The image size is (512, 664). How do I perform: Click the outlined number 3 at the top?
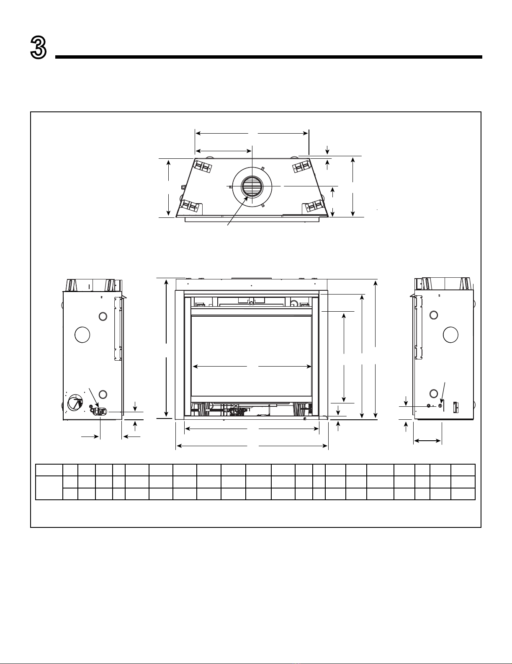point(38,47)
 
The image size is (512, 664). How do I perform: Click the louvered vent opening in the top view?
point(252,186)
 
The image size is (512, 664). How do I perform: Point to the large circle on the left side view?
point(82,335)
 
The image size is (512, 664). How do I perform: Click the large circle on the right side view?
point(450,335)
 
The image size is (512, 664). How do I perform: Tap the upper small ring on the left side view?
point(103,316)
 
